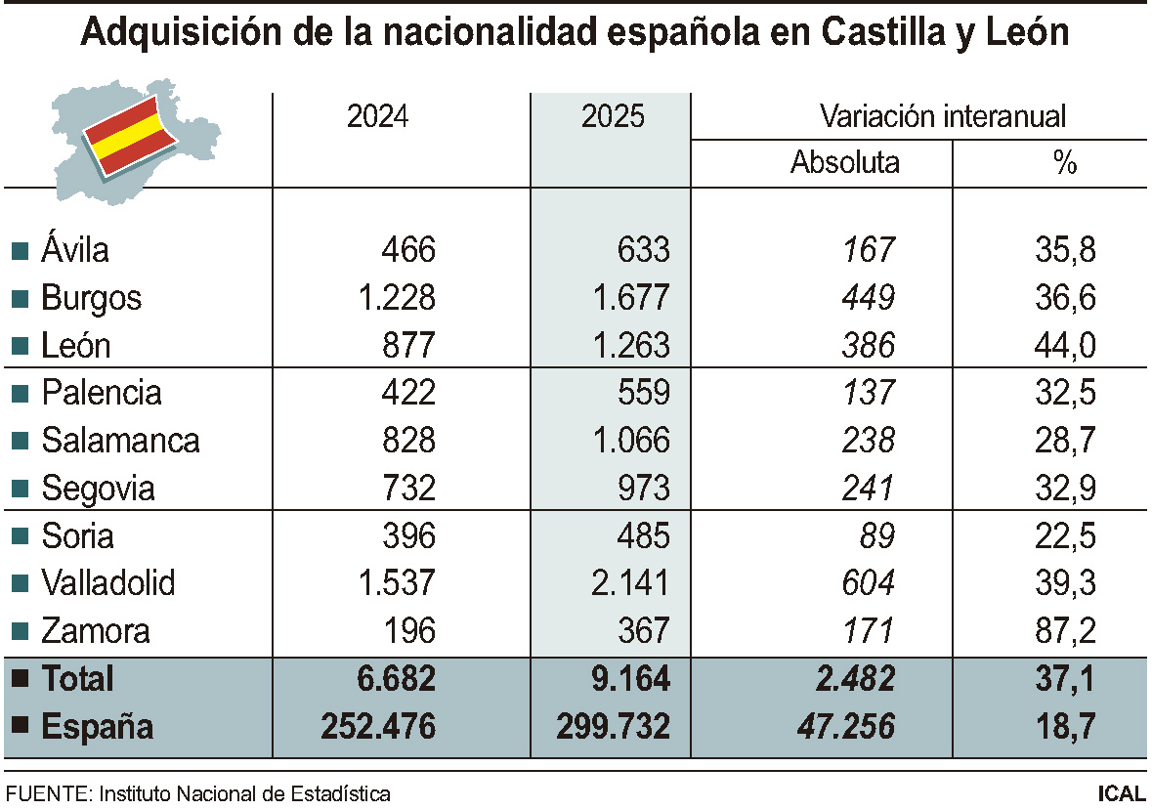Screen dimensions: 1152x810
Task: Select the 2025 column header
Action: [613, 116]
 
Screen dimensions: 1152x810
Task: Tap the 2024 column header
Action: [377, 116]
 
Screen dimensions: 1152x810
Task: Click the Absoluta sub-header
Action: [845, 161]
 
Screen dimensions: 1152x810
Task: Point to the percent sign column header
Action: [1065, 161]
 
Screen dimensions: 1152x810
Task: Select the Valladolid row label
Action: [108, 582]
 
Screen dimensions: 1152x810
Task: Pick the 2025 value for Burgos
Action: [631, 297]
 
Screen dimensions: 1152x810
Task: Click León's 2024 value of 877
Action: [408, 345]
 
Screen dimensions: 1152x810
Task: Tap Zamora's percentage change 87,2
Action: [1065, 631]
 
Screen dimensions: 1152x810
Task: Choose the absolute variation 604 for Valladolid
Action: [869, 583]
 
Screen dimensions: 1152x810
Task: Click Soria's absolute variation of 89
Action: [877, 536]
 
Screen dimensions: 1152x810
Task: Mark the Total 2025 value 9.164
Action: [631, 678]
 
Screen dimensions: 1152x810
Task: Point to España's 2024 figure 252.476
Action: [378, 726]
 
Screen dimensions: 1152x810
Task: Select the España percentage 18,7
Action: [1065, 726]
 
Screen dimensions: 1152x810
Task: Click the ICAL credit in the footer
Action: [1122, 793]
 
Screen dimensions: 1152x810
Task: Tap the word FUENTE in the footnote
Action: [47, 793]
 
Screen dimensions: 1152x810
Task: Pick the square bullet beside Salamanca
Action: [21, 441]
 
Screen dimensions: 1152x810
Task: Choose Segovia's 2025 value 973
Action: [644, 489]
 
